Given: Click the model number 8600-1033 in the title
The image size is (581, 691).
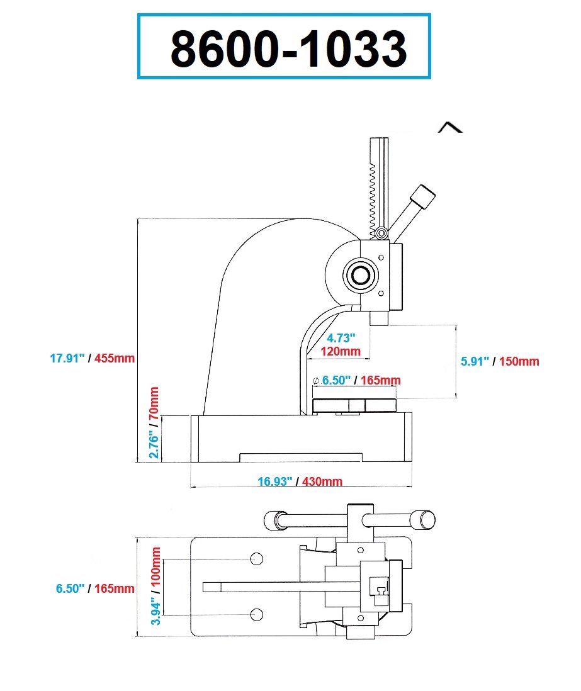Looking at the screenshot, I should pyautogui.click(x=288, y=48).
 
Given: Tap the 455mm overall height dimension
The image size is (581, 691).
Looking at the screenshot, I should pyautogui.click(x=115, y=358).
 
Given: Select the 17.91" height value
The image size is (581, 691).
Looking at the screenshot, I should pyautogui.click(x=67, y=358).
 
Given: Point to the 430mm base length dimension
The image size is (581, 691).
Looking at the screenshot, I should pyautogui.click(x=322, y=482).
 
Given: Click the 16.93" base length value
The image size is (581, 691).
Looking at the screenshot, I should pyautogui.click(x=276, y=482).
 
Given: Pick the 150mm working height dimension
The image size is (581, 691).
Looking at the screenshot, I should pyautogui.click(x=519, y=361).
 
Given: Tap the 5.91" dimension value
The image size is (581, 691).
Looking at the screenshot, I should pyautogui.click(x=475, y=361).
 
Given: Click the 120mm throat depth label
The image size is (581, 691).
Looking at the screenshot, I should pyautogui.click(x=341, y=351).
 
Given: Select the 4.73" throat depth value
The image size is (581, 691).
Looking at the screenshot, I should pyautogui.click(x=341, y=339).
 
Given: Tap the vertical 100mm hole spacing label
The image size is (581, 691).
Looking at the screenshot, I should pyautogui.click(x=155, y=565).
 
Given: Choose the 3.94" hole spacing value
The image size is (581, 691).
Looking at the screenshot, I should pyautogui.click(x=155, y=604).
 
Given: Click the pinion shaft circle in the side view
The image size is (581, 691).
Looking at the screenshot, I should pyautogui.click(x=361, y=275).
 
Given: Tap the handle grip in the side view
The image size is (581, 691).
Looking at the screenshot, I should pyautogui.click(x=421, y=197).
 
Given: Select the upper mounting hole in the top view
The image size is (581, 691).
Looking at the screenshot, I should pyautogui.click(x=256, y=559).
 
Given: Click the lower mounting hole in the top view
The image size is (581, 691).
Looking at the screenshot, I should pyautogui.click(x=256, y=614).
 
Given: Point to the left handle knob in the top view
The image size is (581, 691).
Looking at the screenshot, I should pyautogui.click(x=272, y=520).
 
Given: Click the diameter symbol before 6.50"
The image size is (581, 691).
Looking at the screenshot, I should pyautogui.click(x=316, y=380).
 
